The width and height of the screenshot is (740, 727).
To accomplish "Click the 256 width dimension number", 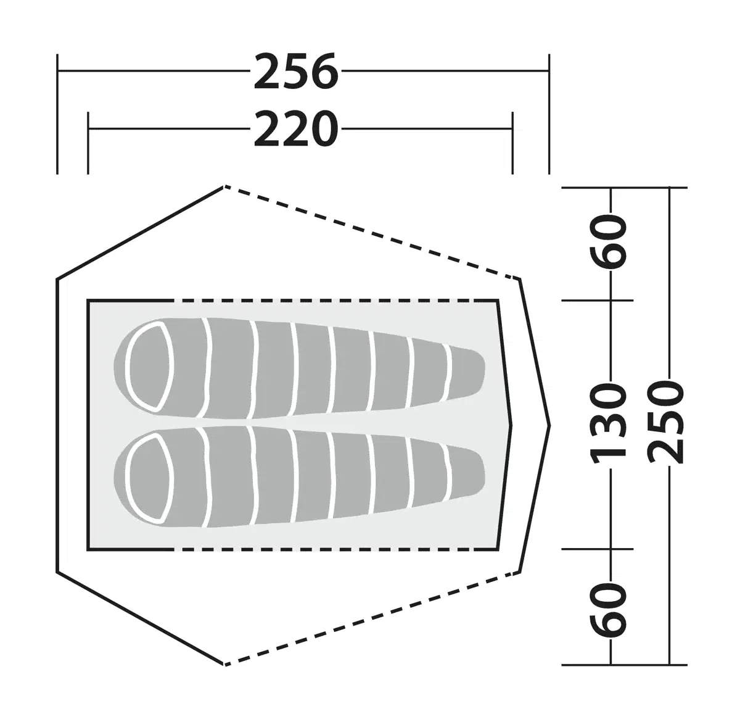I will pyautogui.click(x=296, y=72).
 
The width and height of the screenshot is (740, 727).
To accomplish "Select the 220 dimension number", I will pyautogui.click(x=296, y=130).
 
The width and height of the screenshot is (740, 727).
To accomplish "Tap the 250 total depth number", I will pyautogui.click(x=667, y=422).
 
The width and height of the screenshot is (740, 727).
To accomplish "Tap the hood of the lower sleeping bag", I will pyautogui.click(x=148, y=477).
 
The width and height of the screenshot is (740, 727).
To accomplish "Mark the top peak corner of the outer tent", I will pyautogui.click(x=223, y=186).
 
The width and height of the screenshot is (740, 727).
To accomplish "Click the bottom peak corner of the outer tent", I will pyautogui.click(x=223, y=664).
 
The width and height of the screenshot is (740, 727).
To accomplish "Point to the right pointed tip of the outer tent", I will pyautogui.click(x=548, y=425).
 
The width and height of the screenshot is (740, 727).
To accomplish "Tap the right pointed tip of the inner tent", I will pyautogui.click(x=511, y=425).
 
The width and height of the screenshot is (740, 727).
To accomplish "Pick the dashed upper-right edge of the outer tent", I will pyautogui.click(x=370, y=232).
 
